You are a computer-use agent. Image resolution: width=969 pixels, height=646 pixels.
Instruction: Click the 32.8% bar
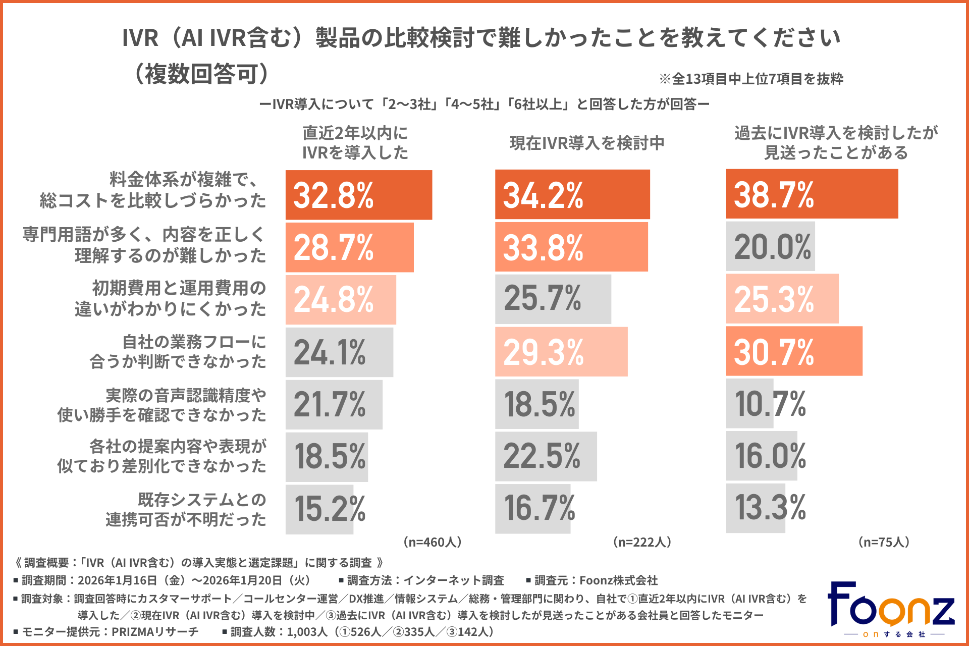coord(358,195)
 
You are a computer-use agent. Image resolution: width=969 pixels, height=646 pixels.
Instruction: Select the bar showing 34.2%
coord(572,195)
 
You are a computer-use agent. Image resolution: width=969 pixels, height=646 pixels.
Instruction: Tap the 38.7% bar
coord(812,194)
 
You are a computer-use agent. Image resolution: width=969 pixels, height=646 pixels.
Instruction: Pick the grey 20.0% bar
coord(770,246)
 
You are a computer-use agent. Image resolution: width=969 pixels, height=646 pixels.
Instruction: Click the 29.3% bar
coord(561,352)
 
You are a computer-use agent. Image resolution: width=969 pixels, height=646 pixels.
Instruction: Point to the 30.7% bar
coord(794,351)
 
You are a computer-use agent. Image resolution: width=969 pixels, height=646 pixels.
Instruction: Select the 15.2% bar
coord(319,509)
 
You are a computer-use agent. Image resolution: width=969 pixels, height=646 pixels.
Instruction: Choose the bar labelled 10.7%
coord(750,404)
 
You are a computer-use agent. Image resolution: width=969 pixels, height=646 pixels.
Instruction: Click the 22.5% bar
coord(546,456)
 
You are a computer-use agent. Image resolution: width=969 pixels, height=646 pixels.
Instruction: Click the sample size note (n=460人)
coord(433,542)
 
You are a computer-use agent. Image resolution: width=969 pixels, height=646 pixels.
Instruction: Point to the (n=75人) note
coord(884,542)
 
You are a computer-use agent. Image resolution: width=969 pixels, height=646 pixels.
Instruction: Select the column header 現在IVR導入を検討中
coord(587,143)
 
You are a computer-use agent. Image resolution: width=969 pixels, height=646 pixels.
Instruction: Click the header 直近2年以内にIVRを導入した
coord(355,143)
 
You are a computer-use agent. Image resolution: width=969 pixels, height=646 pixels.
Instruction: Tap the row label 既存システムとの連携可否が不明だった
coord(186,509)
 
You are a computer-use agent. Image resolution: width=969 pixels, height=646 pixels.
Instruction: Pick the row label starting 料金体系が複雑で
coord(153,190)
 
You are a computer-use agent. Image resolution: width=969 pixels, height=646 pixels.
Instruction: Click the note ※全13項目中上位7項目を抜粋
coord(751,79)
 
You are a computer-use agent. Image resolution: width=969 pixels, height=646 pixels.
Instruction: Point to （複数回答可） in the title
coord(202,74)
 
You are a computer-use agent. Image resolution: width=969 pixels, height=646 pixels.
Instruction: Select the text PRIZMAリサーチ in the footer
coord(155,632)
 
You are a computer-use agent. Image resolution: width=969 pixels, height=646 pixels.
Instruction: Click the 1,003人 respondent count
coord(307,632)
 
